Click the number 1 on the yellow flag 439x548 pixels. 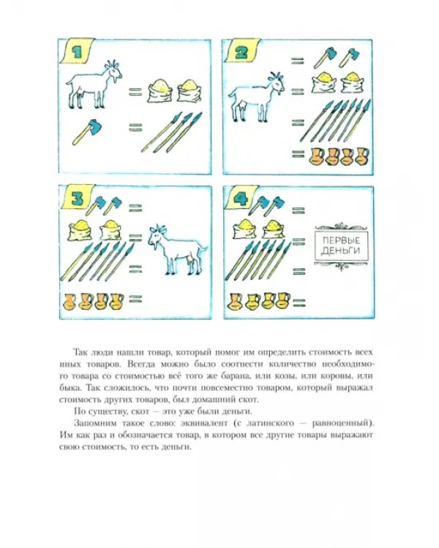point(76,52)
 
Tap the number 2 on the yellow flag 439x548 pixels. point(241,53)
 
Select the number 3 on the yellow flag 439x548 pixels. point(77,199)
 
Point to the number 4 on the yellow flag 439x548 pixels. point(241,199)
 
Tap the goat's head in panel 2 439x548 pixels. point(277,83)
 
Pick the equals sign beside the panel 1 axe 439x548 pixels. point(135,127)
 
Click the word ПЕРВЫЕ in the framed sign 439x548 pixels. point(341,240)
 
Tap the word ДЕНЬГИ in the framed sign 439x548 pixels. point(341,251)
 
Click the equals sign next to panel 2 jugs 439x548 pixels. point(298,153)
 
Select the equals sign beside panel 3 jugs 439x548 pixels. point(135,299)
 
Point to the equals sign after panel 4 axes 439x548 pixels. point(298,210)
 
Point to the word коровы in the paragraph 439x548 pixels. point(336,376)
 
